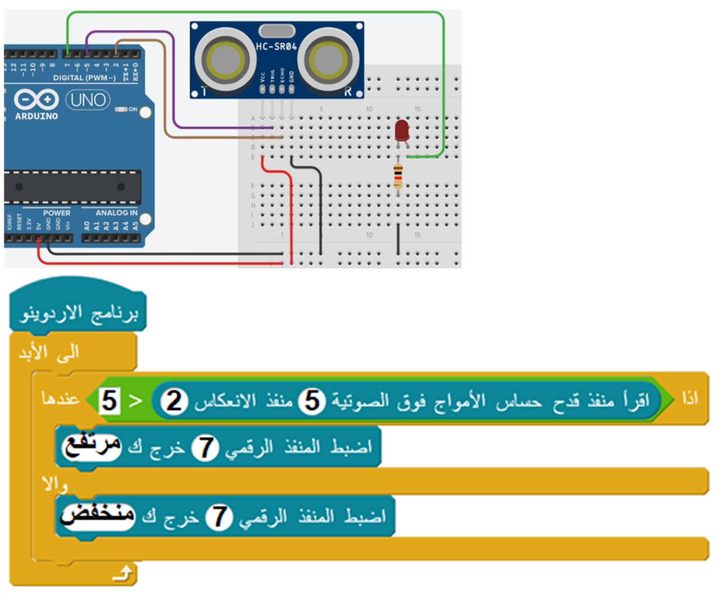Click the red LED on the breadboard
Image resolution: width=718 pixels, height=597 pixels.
click(x=402, y=130)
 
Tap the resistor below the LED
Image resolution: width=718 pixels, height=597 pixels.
click(x=398, y=176)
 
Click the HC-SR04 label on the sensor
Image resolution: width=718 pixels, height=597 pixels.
click(x=276, y=46)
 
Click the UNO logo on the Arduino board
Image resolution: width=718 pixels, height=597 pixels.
click(x=88, y=100)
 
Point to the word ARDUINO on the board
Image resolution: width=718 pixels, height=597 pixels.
click(x=36, y=116)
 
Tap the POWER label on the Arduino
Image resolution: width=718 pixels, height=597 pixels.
click(x=57, y=213)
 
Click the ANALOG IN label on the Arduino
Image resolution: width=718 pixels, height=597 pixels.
click(x=117, y=213)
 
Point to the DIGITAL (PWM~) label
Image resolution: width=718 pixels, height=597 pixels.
click(x=84, y=78)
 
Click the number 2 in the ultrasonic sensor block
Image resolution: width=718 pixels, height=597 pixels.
click(x=174, y=401)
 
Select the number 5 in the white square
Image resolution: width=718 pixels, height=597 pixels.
click(x=109, y=401)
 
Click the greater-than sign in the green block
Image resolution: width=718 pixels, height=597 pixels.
click(x=135, y=401)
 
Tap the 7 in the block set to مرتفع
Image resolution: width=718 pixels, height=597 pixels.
click(x=205, y=448)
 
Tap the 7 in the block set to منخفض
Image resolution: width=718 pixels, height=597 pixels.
click(x=219, y=517)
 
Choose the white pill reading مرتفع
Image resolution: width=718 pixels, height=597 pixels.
click(x=91, y=447)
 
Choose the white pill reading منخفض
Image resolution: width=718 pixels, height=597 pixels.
click(x=98, y=516)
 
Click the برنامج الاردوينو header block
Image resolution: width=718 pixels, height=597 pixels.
click(x=79, y=313)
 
